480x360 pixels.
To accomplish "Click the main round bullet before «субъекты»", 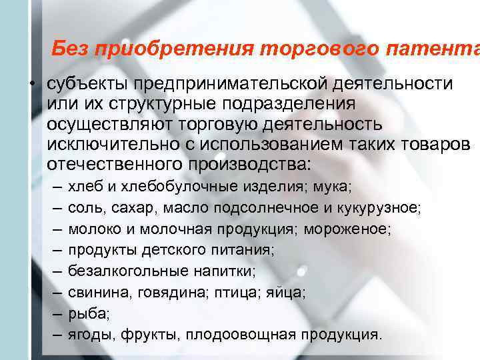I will (32, 86).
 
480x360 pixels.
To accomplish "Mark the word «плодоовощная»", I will (276, 333).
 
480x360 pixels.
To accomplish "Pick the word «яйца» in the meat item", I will (288, 291).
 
